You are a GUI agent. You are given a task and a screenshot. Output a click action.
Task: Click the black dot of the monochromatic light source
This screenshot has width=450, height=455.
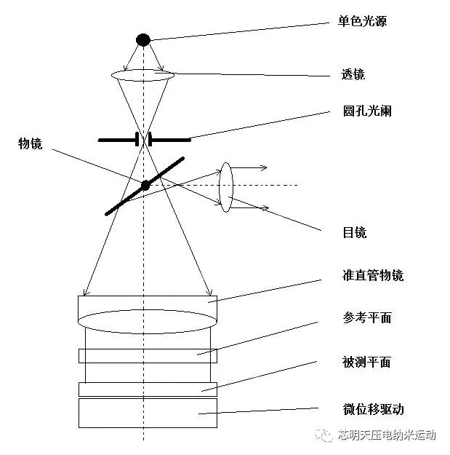(144, 39)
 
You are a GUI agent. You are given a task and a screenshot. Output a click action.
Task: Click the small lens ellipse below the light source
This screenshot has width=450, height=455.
(144, 74)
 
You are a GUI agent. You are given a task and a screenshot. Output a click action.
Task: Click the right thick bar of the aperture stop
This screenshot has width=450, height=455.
(170, 138)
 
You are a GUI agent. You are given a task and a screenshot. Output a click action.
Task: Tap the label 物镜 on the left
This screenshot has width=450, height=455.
(31, 144)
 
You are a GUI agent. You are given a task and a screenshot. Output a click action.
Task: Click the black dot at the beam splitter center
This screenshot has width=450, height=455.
(145, 185)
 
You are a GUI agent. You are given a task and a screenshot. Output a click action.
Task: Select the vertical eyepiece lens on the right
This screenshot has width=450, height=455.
(226, 187)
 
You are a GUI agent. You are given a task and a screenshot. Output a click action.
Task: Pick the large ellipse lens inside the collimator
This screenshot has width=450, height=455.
(147, 321)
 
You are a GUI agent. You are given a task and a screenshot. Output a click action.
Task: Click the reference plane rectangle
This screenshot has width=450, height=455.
(147, 356)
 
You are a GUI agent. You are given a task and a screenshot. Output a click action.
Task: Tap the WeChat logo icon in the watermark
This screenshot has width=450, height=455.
(323, 435)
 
